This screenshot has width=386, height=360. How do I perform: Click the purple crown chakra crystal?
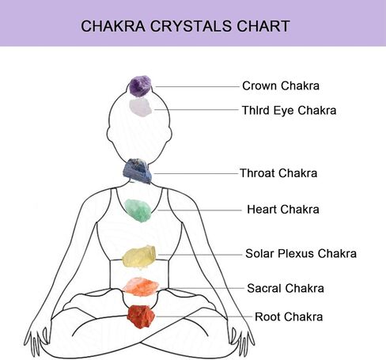pyautogui.click(x=140, y=86)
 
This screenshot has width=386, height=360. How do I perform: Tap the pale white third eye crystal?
pyautogui.click(x=141, y=107)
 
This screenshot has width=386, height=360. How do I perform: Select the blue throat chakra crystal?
pyautogui.click(x=138, y=171)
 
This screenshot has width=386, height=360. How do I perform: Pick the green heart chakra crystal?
pyautogui.click(x=138, y=210)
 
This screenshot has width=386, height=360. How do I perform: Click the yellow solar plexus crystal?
pyautogui.click(x=139, y=257)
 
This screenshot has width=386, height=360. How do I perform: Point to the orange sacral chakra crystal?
pyautogui.click(x=141, y=286)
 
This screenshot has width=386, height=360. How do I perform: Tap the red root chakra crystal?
pyautogui.click(x=141, y=316)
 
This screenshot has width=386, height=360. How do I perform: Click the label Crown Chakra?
pyautogui.click(x=281, y=85)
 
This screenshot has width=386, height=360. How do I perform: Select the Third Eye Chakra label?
pyautogui.click(x=289, y=110)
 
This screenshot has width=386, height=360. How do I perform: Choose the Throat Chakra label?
pyautogui.click(x=278, y=173)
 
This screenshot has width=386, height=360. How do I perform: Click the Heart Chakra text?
pyautogui.click(x=283, y=210)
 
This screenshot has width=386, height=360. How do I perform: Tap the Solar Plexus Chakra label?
pyautogui.click(x=301, y=253)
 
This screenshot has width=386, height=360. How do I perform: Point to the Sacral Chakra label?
pyautogui.click(x=286, y=288)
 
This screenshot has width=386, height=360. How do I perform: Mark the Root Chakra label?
pyautogui.click(x=289, y=316)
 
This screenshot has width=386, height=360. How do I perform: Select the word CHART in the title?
pyautogui.click(x=263, y=26)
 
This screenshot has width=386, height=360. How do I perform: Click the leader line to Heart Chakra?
pyautogui.click(x=199, y=210)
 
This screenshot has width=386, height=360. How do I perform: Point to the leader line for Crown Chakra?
pyautogui.click(x=197, y=86)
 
